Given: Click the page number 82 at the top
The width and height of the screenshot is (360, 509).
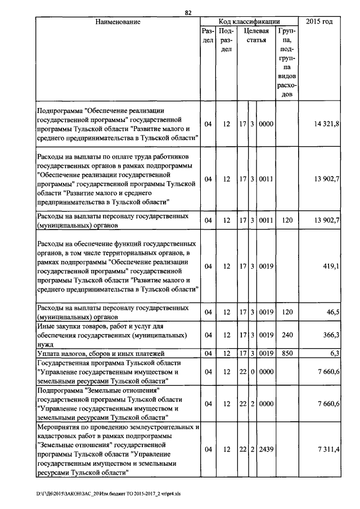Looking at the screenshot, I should [188, 12].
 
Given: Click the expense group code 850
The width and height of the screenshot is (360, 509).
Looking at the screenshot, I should [287, 353].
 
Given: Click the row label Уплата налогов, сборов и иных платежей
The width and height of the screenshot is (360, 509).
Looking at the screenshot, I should [100, 353].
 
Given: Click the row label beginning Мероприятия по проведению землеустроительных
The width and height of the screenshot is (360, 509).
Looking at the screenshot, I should [118, 449].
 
